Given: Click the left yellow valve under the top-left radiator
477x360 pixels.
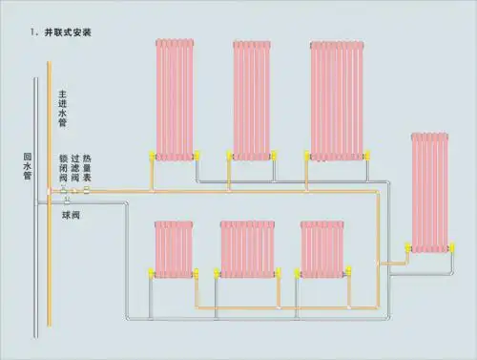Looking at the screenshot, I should coord(154,154).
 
